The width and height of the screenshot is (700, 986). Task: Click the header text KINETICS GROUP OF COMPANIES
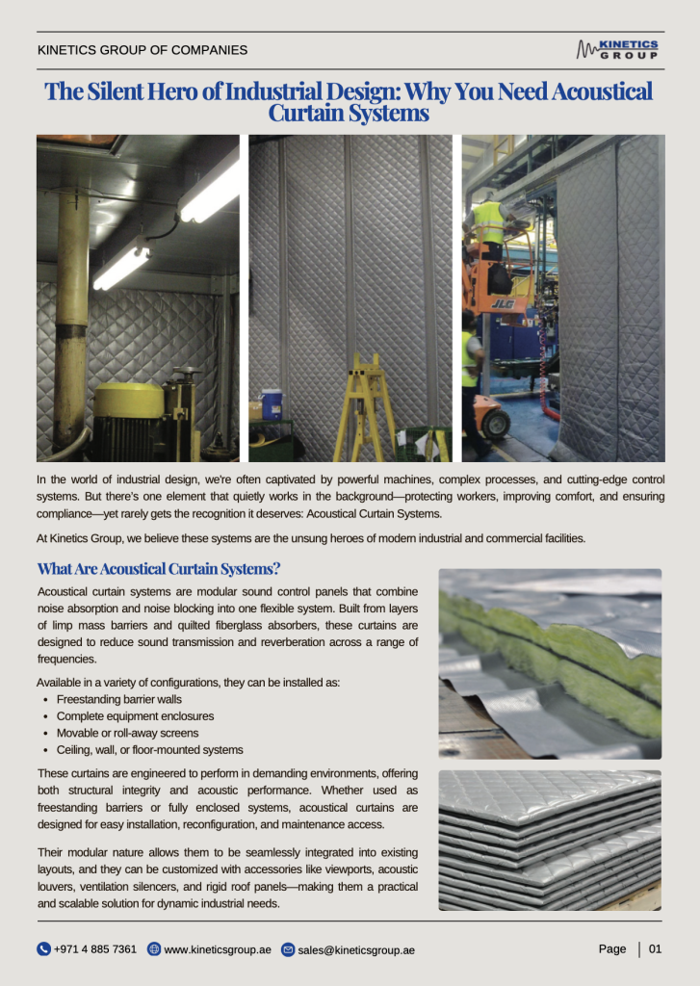[143, 50]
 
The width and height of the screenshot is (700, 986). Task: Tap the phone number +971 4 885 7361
[95, 949]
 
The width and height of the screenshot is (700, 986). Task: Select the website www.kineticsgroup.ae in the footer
[218, 949]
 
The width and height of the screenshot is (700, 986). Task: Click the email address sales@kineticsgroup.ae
[356, 949]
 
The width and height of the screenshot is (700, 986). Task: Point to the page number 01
[655, 948]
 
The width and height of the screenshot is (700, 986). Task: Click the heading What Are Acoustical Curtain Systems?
[159, 569]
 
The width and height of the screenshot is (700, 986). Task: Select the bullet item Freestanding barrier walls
[118, 699]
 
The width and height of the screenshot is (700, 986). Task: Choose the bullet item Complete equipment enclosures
[135, 716]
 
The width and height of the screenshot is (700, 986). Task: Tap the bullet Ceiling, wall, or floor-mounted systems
[149, 749]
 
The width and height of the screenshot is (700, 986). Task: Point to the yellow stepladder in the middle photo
[364, 404]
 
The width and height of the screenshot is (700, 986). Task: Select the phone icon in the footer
[43, 949]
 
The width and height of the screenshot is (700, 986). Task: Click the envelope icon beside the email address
[288, 949]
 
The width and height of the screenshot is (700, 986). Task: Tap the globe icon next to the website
[154, 949]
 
